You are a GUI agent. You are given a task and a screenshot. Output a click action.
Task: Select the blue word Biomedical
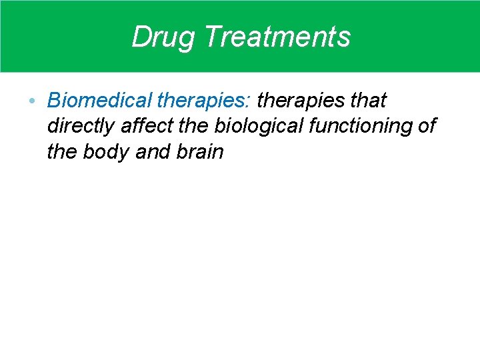tap(100, 101)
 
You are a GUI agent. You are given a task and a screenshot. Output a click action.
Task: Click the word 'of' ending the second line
tap(427, 126)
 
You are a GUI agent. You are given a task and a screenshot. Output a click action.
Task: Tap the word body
tap(107, 152)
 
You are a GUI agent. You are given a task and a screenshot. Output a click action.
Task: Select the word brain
tap(199, 152)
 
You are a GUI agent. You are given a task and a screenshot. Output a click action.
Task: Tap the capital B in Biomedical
tap(54, 101)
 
